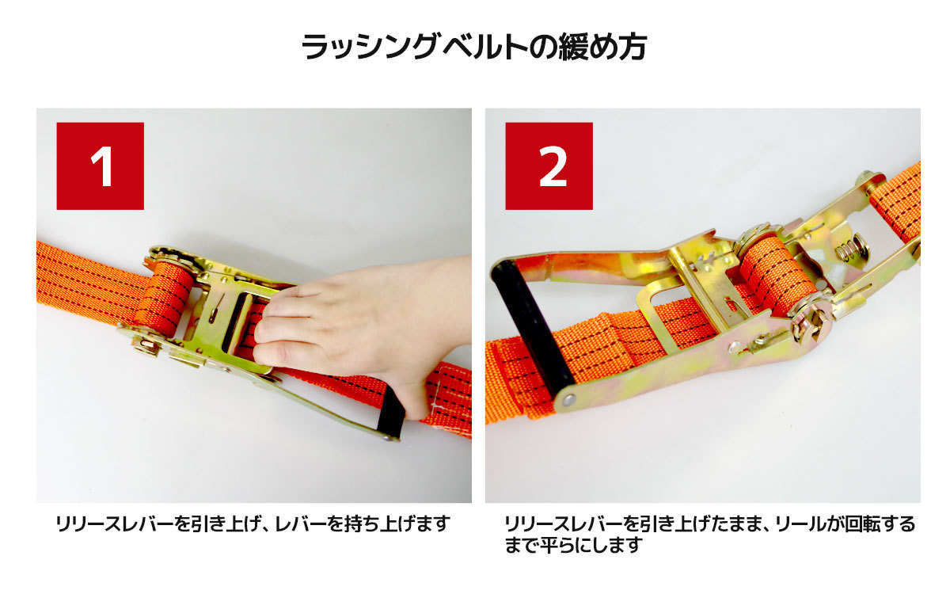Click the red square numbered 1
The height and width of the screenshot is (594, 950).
click(100, 166)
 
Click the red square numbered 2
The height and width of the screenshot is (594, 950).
click(549, 166)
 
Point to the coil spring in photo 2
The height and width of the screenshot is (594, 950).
click(850, 251)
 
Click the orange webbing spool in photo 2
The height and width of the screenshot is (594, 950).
click(776, 276)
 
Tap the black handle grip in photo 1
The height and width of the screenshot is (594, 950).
click(390, 413)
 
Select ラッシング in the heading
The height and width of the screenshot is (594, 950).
click(370, 47)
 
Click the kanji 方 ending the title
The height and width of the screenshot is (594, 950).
click(632, 47)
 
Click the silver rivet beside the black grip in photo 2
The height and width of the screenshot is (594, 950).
click(568, 399)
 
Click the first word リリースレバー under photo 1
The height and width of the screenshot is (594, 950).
click(115, 524)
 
